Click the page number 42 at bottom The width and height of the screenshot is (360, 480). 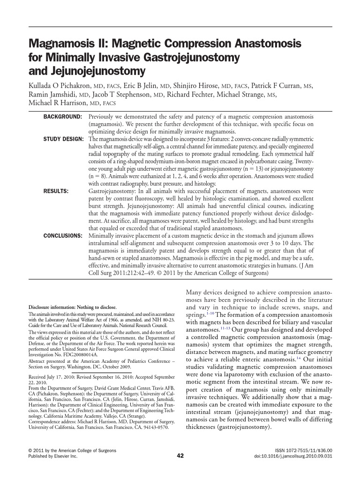click(180, 456)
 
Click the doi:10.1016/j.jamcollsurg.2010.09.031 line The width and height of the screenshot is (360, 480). click(293, 456)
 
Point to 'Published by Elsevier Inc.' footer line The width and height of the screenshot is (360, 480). click(53, 456)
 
